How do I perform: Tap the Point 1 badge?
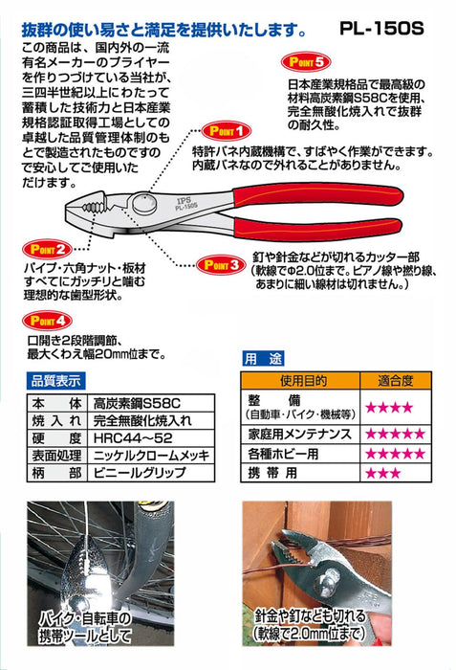tap(227, 131)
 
